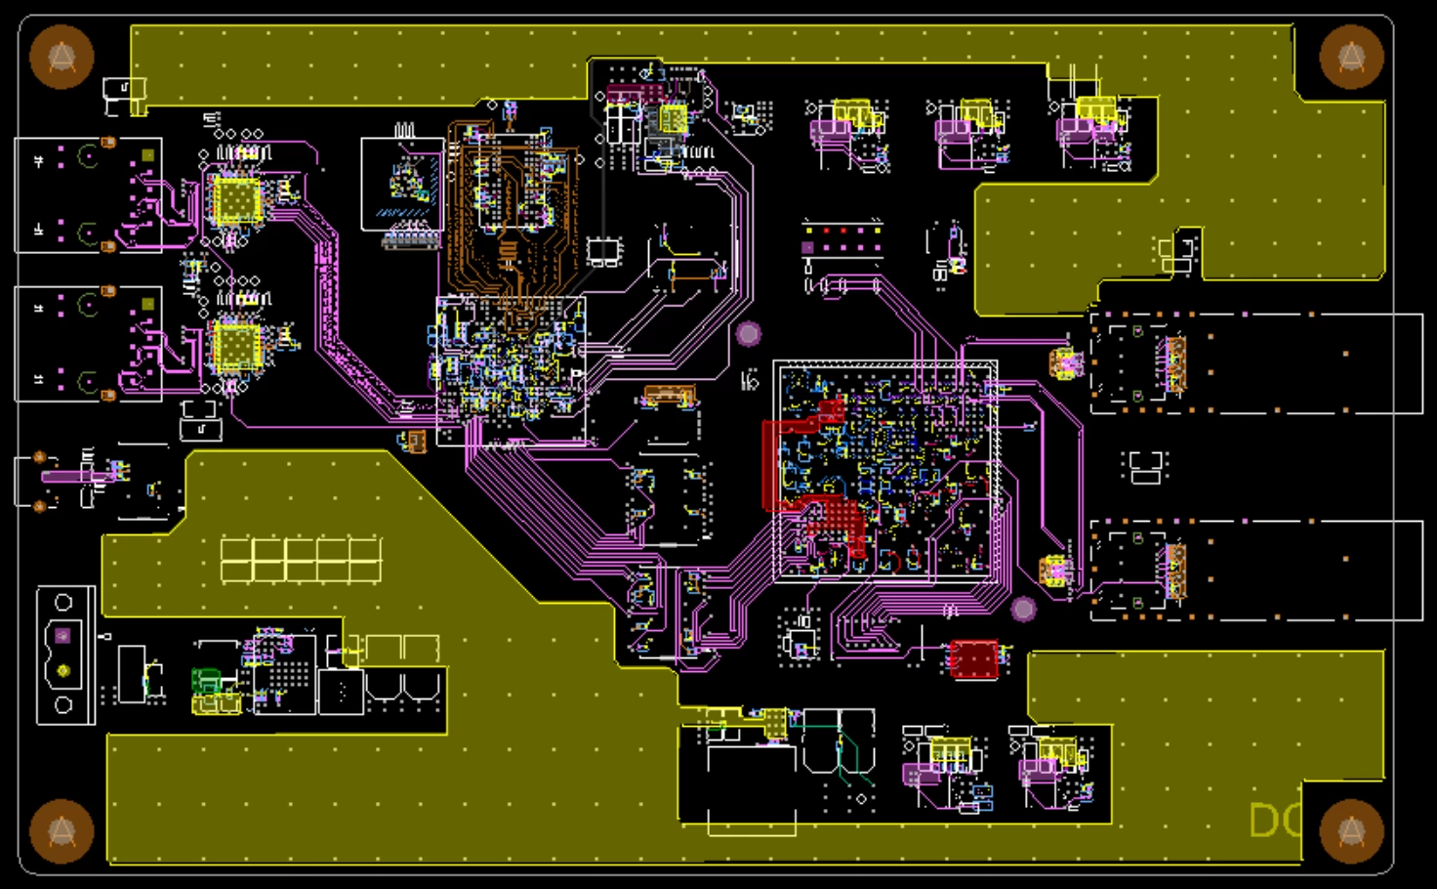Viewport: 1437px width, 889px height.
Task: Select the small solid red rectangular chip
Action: [974, 659]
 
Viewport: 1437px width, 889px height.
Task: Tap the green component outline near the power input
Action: [206, 680]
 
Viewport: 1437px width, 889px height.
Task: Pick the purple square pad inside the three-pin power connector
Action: [63, 636]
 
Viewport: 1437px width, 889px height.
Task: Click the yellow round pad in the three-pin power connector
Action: [63, 670]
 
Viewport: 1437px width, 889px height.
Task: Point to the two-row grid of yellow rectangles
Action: [301, 559]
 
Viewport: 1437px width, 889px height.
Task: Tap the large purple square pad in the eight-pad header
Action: [808, 248]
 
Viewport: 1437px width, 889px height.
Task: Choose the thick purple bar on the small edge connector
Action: [66, 476]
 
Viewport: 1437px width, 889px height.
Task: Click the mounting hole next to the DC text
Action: [1351, 831]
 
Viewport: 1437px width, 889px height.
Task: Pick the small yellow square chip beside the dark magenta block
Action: [674, 119]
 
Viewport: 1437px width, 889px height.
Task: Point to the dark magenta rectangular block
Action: [635, 94]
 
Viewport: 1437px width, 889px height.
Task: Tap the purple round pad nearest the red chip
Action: [1023, 610]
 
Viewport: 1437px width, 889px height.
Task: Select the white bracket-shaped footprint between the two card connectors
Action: [1145, 466]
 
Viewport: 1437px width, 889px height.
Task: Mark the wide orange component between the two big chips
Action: [669, 394]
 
